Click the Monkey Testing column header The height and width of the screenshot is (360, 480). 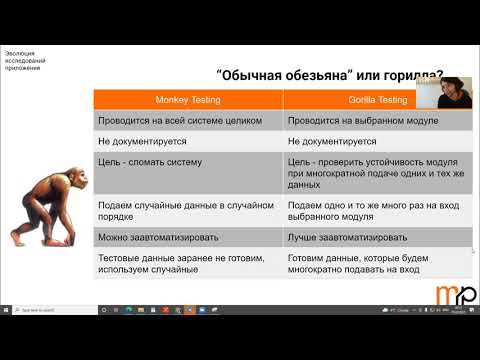[187, 100]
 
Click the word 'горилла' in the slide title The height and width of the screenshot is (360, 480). [411, 76]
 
